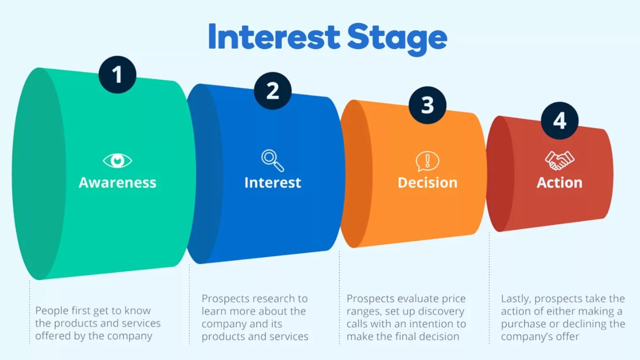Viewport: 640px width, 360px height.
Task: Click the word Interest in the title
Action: tap(274, 37)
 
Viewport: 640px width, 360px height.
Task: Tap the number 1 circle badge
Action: tap(117, 75)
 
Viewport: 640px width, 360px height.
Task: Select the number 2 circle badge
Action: tap(273, 91)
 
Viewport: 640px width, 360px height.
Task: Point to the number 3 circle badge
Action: tap(427, 105)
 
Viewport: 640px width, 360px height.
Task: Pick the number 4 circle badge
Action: tap(559, 121)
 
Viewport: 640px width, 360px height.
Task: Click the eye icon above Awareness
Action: tap(117, 161)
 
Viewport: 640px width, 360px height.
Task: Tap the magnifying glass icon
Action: tap(273, 161)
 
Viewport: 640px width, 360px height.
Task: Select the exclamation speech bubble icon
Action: tap(427, 161)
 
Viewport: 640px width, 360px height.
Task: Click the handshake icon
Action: tap(559, 160)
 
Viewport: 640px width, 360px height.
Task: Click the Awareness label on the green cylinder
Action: tap(117, 183)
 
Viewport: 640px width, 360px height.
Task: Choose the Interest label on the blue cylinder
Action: tap(273, 183)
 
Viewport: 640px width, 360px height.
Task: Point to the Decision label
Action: tap(427, 183)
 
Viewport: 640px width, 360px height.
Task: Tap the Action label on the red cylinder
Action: tap(559, 183)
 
